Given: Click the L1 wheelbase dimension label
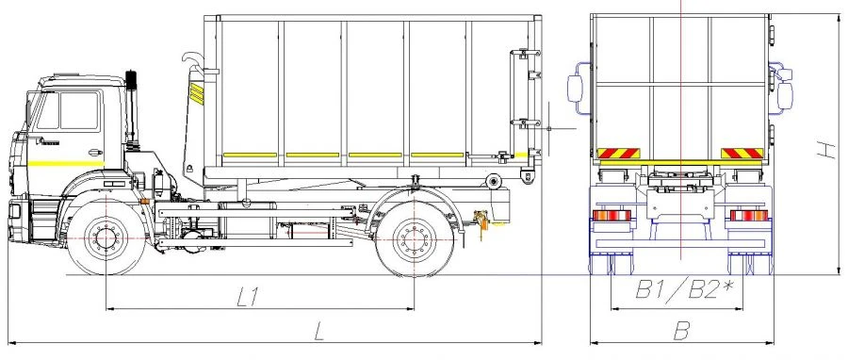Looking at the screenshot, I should [x=247, y=297].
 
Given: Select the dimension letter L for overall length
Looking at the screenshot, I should [x=319, y=330].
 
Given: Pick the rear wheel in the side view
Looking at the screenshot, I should [x=414, y=242].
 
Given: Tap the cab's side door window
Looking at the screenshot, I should [x=78, y=110].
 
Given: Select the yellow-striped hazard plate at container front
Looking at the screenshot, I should [x=197, y=92].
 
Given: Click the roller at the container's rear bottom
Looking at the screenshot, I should [x=492, y=181].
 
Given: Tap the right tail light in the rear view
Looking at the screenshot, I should [x=748, y=217].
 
